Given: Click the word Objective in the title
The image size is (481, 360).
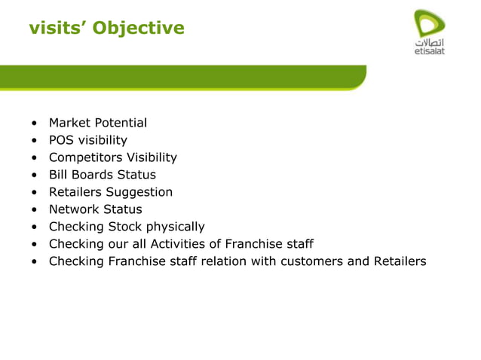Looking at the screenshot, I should click(143, 29).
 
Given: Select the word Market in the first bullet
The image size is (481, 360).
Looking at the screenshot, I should click(69, 123).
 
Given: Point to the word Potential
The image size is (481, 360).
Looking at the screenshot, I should click(120, 123).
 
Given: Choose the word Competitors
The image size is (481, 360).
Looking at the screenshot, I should click(84, 157).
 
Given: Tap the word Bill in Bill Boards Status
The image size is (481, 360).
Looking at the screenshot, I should click(57, 175).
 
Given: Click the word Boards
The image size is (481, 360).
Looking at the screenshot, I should click(90, 175).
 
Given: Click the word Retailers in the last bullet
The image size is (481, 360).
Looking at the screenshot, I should click(399, 261).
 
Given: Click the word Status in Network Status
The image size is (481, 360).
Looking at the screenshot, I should click(122, 209).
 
